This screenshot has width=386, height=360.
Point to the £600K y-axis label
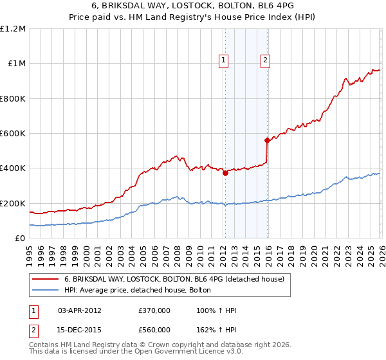(x=13, y=134)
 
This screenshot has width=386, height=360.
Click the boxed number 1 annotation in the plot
(x=224, y=60)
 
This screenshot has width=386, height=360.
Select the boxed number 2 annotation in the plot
(x=265, y=60)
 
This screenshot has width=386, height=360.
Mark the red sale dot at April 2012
(x=225, y=172)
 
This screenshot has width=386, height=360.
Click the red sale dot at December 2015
(x=266, y=139)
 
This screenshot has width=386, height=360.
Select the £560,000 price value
(x=154, y=330)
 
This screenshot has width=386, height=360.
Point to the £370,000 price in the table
(x=154, y=310)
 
